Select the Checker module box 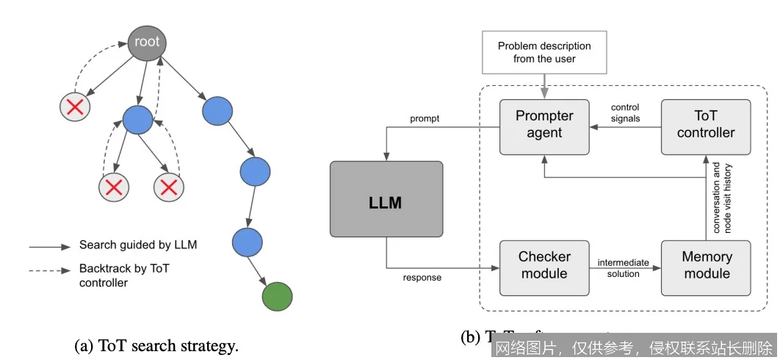544,264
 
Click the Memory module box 706,264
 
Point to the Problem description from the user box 544,51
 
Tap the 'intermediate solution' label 624,267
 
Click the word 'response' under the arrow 422,278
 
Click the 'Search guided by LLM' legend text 138,245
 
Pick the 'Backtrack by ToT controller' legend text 125,275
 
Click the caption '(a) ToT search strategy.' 156,345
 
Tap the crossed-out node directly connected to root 74,108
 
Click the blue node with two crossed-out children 137,119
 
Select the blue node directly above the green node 247,242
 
